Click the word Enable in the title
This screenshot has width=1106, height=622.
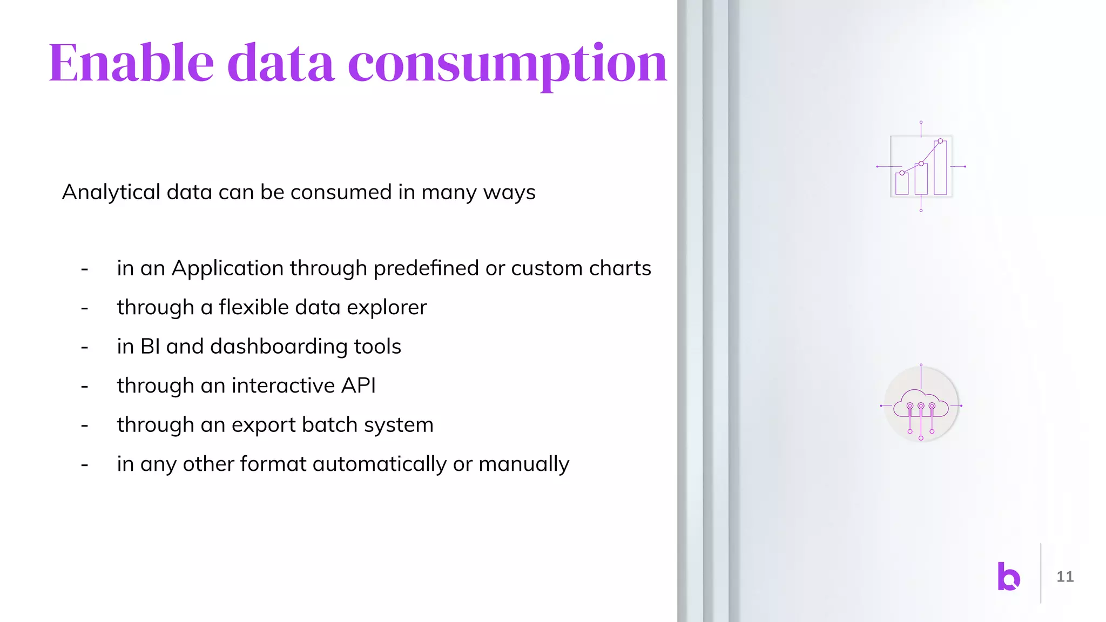(131, 63)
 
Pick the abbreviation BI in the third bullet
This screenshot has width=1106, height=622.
(150, 347)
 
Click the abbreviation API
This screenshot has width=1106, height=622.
(358, 386)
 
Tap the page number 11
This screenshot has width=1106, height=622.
(1065, 577)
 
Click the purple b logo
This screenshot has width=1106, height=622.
(1008, 576)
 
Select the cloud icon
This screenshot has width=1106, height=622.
(921, 405)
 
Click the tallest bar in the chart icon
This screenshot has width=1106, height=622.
(940, 168)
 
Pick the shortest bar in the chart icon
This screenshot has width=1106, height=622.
(902, 184)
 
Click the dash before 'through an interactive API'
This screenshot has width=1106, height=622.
(85, 387)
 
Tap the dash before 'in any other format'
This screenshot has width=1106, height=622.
(85, 465)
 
